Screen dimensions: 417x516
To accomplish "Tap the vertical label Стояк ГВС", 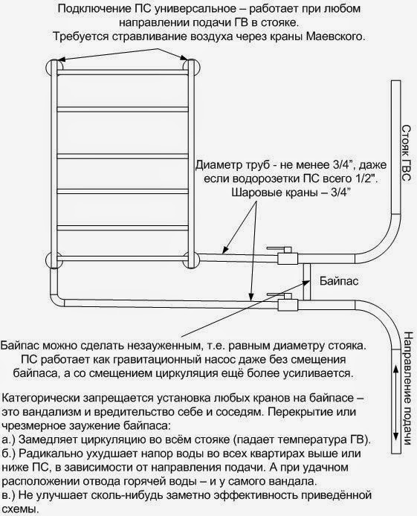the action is tap(407, 153).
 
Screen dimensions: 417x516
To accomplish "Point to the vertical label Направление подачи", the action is tap(407, 389).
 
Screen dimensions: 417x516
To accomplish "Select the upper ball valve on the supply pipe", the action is tap(285, 255).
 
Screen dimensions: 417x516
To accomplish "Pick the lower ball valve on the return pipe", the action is tap(285, 301).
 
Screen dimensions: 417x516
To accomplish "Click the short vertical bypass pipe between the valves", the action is tap(306, 282).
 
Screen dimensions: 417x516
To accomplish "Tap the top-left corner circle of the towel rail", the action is tap(54, 68).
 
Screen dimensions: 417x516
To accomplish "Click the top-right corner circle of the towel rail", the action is tap(191, 68).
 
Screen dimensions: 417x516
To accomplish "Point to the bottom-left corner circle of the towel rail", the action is tap(54, 260).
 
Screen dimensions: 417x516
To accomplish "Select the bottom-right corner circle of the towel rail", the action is tap(191, 260).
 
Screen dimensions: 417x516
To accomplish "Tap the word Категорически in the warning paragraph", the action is tap(40, 399).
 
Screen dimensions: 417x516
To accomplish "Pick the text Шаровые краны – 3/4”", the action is tap(291, 192).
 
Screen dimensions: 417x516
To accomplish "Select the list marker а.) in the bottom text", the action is tap(9, 440).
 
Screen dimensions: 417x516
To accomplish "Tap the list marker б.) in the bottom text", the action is tap(9, 454).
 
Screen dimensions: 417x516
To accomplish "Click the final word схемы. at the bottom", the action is tap(20, 509).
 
